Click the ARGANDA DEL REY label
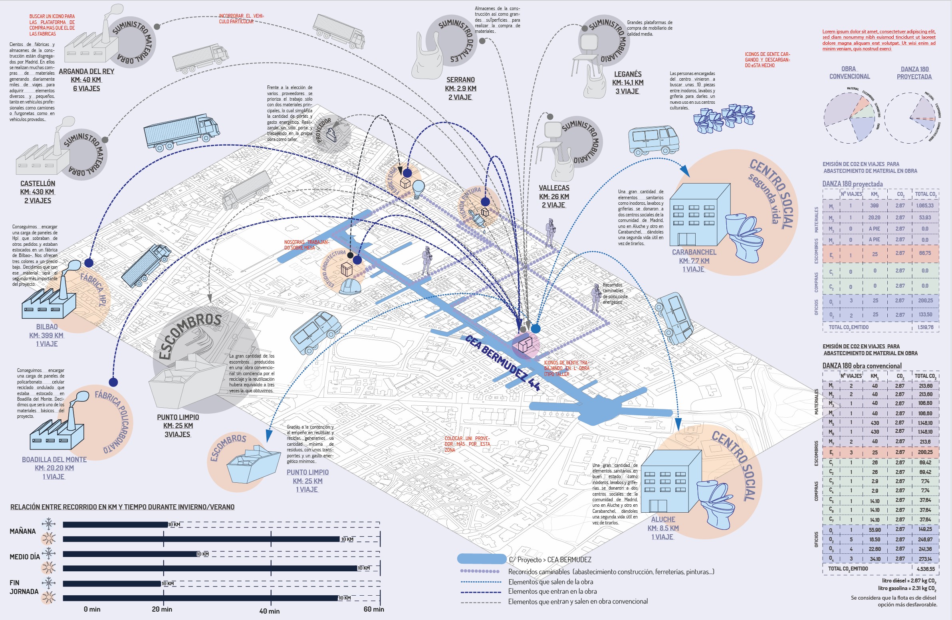click(x=86, y=71)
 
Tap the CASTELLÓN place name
click(x=38, y=184)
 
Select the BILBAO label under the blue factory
click(x=47, y=327)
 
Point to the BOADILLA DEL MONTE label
click(x=54, y=460)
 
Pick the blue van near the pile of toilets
click(x=653, y=140)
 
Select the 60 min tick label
click(x=373, y=609)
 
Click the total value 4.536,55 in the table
click(x=926, y=569)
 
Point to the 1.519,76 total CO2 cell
click(x=926, y=327)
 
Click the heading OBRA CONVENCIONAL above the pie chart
click(x=849, y=72)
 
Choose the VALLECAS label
click(x=553, y=188)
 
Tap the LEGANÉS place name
click(x=628, y=74)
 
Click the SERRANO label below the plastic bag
click(x=460, y=80)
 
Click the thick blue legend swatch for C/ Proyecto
click(x=482, y=559)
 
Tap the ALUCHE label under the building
click(x=663, y=519)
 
